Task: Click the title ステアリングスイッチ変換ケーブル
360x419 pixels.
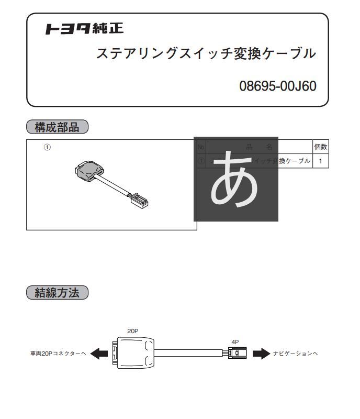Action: (x=206, y=53)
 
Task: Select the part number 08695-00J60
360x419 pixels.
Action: (x=278, y=86)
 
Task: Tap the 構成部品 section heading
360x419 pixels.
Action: (x=58, y=127)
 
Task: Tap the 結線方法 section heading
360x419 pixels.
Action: (x=58, y=293)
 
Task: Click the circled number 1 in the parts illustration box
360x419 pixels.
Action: (x=47, y=148)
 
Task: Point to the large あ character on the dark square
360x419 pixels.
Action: (x=235, y=179)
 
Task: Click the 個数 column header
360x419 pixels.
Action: (x=320, y=148)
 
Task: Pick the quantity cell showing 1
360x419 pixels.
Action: (x=320, y=161)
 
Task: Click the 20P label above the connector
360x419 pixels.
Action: (x=133, y=331)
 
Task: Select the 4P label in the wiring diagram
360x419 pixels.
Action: (x=235, y=342)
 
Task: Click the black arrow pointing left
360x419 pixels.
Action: (x=99, y=354)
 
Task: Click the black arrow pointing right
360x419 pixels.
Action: (x=261, y=354)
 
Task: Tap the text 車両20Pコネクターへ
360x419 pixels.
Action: (x=58, y=354)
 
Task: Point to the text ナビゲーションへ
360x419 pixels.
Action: (x=296, y=354)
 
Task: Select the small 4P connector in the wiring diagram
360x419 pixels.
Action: (x=235, y=353)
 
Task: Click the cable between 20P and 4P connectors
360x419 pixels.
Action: (x=188, y=353)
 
